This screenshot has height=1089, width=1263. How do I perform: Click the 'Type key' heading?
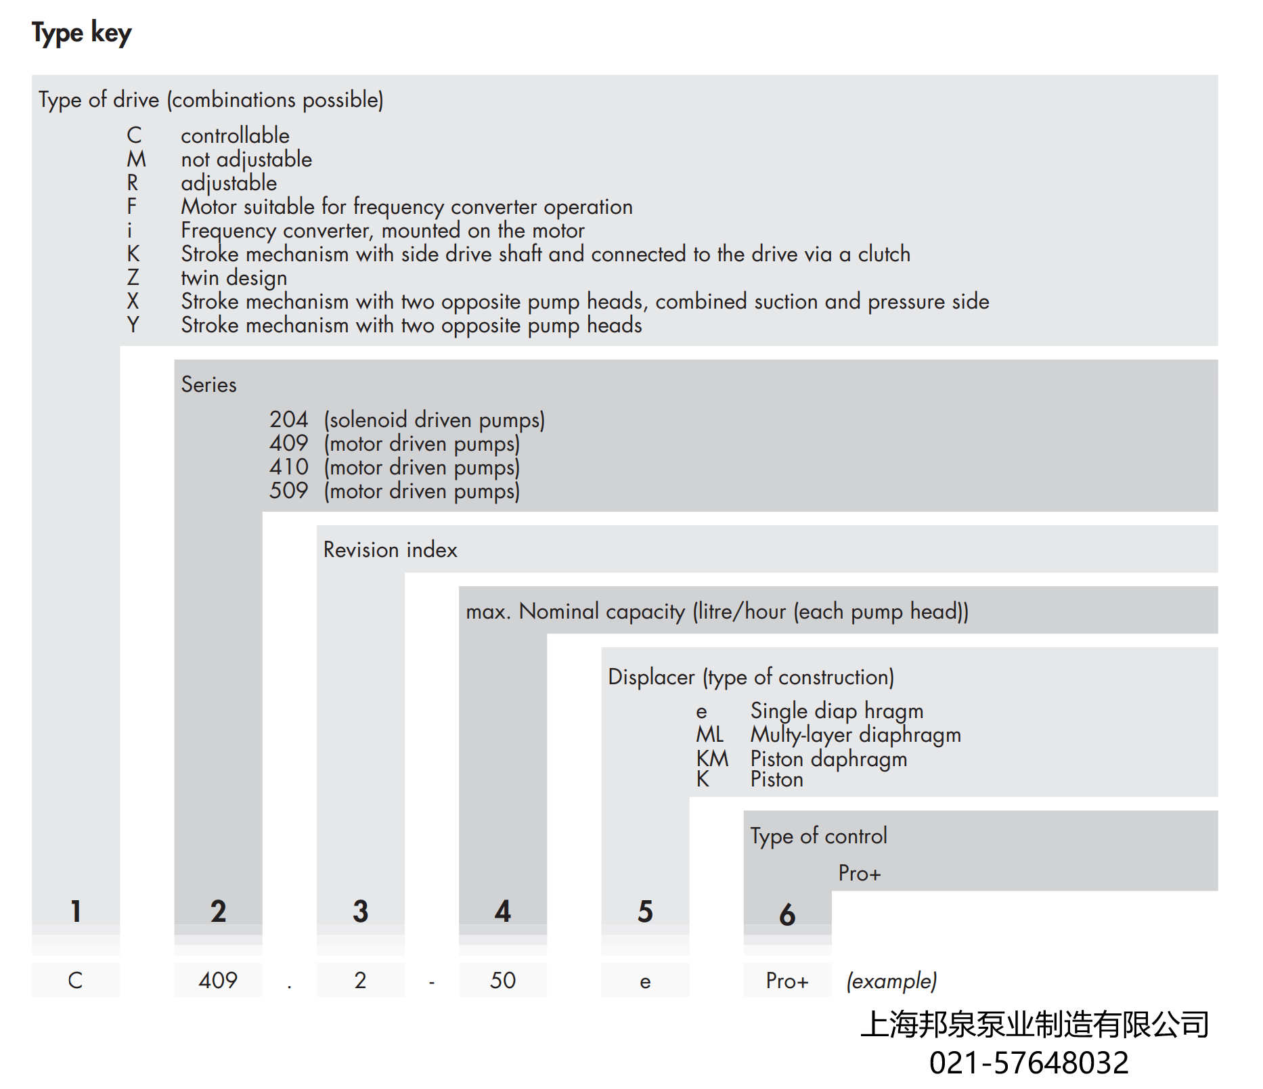point(81,32)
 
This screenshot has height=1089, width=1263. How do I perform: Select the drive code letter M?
point(136,159)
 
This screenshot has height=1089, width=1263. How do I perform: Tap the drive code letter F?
point(132,206)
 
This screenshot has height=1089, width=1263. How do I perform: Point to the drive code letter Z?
point(133,277)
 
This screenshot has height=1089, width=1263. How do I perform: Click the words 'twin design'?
point(234,277)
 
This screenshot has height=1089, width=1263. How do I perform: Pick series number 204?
point(288,420)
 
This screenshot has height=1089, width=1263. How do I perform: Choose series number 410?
point(288,467)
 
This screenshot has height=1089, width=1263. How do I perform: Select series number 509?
point(288,491)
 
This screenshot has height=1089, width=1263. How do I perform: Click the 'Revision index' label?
point(390,550)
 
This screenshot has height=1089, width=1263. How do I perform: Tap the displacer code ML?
point(709,734)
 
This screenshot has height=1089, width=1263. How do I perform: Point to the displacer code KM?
point(712,758)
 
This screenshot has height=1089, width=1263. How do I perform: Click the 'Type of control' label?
point(818,836)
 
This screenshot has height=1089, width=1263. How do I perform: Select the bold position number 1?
point(76,911)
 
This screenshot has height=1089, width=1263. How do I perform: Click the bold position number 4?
point(502,911)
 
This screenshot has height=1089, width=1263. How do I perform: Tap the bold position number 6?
point(786,914)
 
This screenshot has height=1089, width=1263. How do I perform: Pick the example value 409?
point(218,980)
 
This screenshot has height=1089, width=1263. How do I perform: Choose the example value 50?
point(502,980)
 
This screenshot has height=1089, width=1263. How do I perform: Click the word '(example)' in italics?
point(891,981)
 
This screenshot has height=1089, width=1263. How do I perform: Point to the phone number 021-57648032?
point(1028,1063)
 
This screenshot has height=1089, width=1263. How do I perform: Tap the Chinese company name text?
point(1034,1024)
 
